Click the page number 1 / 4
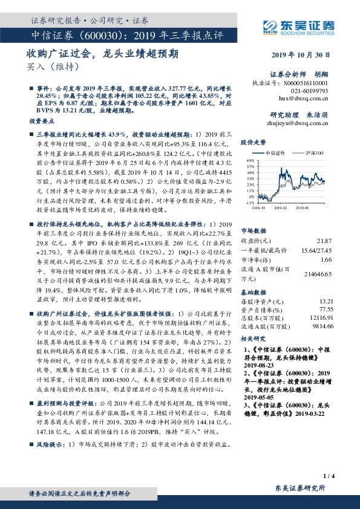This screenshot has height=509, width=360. [330, 476]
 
